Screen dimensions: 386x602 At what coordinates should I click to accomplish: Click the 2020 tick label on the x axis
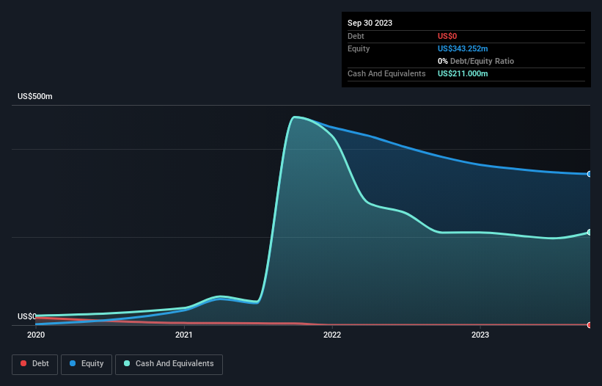36,335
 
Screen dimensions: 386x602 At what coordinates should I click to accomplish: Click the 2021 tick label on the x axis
184,335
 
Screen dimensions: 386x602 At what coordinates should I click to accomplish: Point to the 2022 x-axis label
332,335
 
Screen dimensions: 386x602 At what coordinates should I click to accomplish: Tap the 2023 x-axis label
480,335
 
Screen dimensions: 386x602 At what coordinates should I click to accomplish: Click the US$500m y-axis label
35,97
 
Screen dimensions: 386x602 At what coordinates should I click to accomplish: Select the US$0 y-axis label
26,317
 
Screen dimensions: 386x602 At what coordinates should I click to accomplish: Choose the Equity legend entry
87,364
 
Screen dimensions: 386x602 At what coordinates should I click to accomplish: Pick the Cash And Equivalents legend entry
169,364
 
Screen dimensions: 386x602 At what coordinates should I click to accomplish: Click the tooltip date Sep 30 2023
370,23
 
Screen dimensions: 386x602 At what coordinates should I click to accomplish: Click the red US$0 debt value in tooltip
447,36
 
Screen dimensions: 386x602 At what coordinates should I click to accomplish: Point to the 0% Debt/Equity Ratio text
476,61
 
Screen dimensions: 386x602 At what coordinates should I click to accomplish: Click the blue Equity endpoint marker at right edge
590,174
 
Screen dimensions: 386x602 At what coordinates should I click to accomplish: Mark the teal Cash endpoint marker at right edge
590,233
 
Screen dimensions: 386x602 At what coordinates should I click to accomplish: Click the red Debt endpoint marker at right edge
590,324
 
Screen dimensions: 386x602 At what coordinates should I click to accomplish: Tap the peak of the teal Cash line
294,117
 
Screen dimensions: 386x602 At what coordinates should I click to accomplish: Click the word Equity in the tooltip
359,48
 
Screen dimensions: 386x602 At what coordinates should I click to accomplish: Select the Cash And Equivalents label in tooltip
386,73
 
